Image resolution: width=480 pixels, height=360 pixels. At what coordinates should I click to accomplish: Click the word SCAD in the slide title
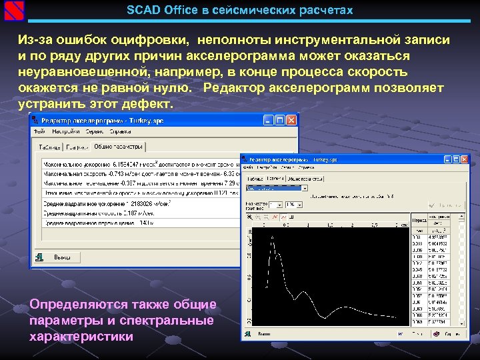tap(143, 11)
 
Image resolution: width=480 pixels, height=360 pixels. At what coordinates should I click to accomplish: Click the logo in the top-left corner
tap(12, 10)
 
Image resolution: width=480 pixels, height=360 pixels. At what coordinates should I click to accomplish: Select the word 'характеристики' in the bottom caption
tap(81, 337)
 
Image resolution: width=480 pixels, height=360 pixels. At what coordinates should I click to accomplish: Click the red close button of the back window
tap(291, 120)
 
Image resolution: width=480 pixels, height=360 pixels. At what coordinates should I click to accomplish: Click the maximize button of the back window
tap(279, 120)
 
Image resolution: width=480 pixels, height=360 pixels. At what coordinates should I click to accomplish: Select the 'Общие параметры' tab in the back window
tap(118, 146)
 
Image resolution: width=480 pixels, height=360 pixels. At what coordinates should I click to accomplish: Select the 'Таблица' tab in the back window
tap(49, 147)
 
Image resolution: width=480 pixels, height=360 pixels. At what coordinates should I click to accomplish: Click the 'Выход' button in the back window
tap(62, 257)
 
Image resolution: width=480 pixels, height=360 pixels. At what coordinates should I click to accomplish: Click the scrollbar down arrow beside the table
tap(460, 322)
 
